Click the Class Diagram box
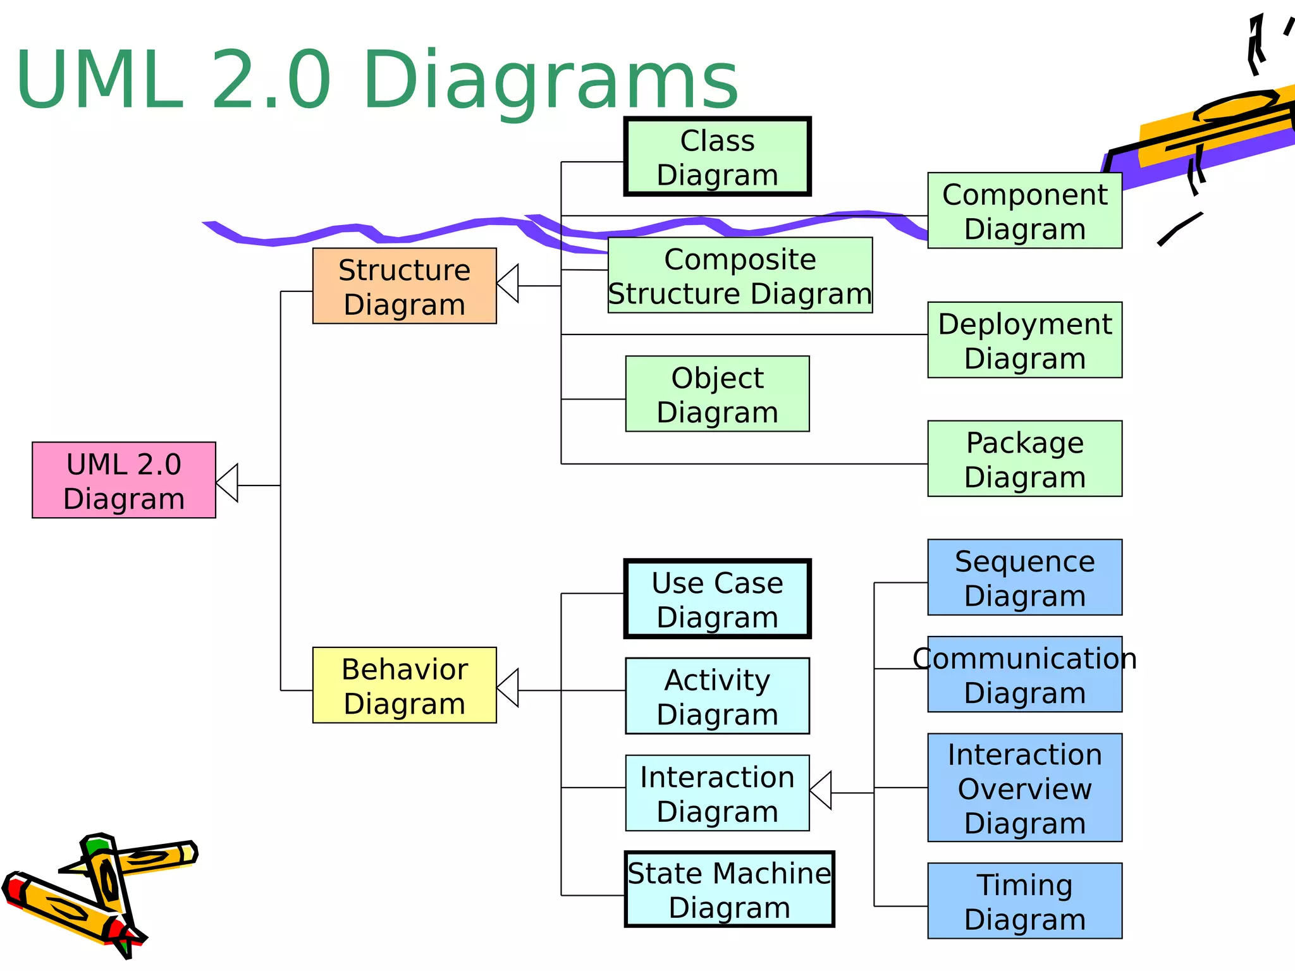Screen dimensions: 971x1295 tap(717, 157)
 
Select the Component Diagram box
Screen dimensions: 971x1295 tap(1024, 211)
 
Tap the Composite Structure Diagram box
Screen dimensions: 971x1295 tap(740, 276)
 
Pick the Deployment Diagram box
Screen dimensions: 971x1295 tap(1024, 340)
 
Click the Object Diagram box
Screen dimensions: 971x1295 tap(717, 394)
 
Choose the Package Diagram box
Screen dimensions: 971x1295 tap(1024, 459)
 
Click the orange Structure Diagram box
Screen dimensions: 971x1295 tap(404, 286)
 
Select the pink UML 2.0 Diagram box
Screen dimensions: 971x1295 tap(124, 480)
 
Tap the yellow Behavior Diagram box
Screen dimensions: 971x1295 tap(404, 685)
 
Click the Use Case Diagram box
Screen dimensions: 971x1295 tap(717, 599)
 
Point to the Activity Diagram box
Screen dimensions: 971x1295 tap(717, 696)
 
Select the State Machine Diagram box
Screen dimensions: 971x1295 tap(729, 889)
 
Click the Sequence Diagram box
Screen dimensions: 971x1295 tap(1024, 577)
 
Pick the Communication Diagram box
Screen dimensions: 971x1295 tap(1024, 675)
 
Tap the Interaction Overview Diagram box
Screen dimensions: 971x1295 tap(1024, 788)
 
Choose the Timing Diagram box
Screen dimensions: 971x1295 tap(1024, 901)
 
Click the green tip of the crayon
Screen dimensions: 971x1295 tap(97, 845)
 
